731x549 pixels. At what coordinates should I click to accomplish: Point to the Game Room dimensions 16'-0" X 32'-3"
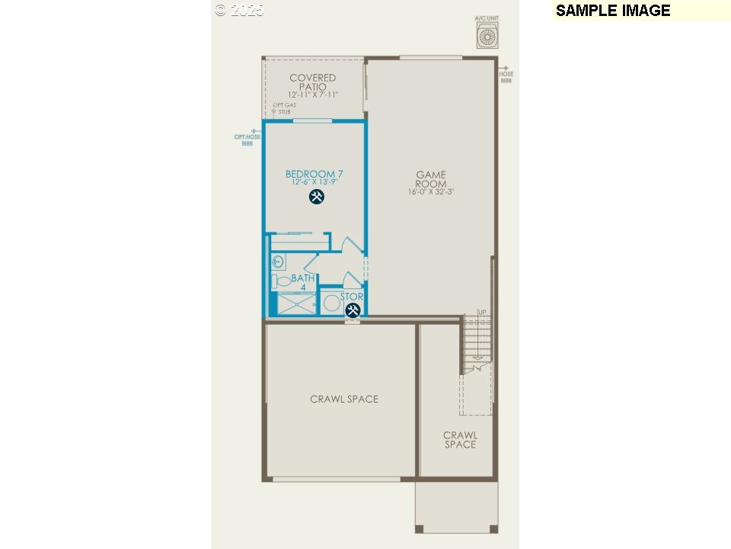[431, 192]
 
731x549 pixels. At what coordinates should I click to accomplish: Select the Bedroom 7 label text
[314, 174]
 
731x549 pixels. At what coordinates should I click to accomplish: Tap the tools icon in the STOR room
[353, 310]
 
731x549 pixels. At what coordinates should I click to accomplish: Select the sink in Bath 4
[278, 261]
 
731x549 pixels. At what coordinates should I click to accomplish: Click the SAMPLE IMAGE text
[613, 11]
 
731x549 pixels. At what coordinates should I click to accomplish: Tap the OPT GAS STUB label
[282, 108]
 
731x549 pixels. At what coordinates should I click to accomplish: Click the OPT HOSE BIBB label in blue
[247, 140]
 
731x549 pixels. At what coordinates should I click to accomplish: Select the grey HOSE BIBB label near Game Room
[506, 76]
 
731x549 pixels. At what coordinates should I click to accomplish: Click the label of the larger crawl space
[344, 399]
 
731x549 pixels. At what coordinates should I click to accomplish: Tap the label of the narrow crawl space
[460, 440]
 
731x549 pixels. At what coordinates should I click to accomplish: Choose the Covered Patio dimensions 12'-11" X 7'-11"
[312, 95]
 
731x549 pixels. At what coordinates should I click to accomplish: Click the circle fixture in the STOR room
[332, 303]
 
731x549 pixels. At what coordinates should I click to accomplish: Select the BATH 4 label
[302, 283]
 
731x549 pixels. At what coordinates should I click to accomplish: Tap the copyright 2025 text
[239, 10]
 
